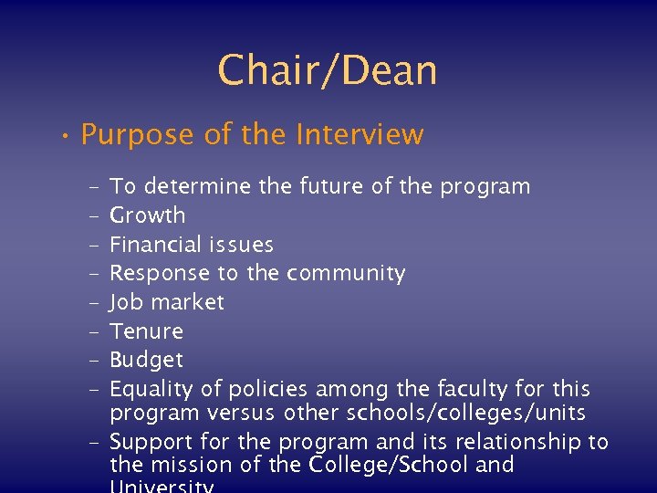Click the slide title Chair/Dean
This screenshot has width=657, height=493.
328,70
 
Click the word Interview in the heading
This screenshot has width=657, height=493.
360,135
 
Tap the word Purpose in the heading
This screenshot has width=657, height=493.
138,135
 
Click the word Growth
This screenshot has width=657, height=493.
147,215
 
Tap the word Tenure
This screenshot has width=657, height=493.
146,330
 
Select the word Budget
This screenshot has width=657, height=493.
146,360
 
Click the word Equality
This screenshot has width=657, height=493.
151,390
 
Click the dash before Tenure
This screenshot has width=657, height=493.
95,331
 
